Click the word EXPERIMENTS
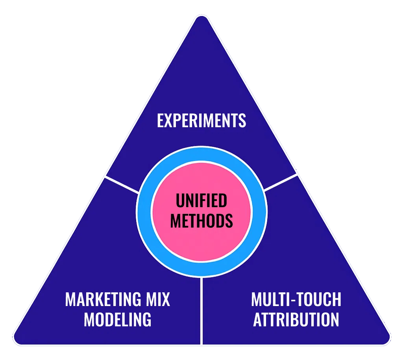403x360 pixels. click(x=201, y=121)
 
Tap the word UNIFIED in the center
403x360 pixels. click(x=201, y=201)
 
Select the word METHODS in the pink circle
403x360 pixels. click(x=201, y=221)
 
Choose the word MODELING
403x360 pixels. click(x=117, y=319)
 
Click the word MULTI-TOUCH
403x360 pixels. click(x=296, y=300)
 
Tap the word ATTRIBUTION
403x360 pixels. click(x=296, y=319)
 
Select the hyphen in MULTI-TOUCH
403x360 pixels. click(x=291, y=301)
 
